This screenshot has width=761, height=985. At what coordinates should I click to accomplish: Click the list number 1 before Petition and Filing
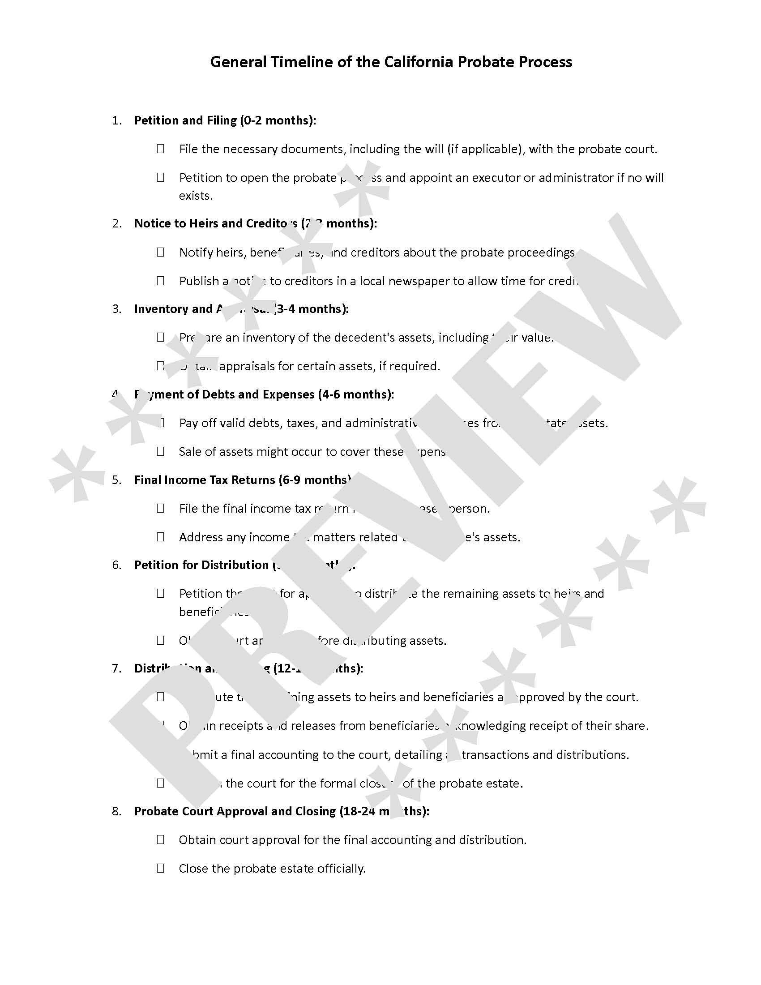116,121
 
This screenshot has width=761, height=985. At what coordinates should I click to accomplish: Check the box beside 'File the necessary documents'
161,149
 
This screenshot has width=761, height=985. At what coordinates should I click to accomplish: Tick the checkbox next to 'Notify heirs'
161,252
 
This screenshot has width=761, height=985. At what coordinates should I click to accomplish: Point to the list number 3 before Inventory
116,309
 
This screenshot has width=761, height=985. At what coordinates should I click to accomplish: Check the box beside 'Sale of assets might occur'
161,451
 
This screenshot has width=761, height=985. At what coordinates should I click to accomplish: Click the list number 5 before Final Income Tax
116,480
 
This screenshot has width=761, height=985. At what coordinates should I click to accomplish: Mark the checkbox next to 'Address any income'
161,537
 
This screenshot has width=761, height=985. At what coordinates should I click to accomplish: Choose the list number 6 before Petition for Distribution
116,565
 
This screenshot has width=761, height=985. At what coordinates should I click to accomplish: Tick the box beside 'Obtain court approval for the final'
161,840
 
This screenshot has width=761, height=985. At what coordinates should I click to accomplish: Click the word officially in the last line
341,869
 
